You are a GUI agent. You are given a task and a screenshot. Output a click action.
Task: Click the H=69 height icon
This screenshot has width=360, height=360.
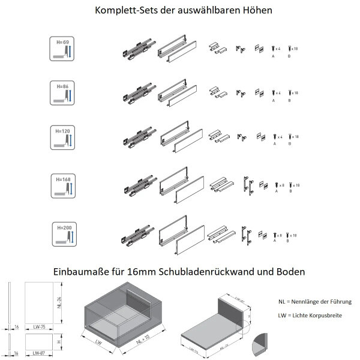[62, 48]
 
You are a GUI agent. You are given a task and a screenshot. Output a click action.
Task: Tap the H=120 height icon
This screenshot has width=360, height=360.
[62, 137]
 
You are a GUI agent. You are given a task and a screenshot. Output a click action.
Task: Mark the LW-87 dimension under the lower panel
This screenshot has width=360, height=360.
[40, 353]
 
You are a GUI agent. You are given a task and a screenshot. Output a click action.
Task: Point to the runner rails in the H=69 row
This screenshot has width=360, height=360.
[138, 48]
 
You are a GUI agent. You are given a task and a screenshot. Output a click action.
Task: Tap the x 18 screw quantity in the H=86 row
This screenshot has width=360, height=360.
[295, 92]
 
